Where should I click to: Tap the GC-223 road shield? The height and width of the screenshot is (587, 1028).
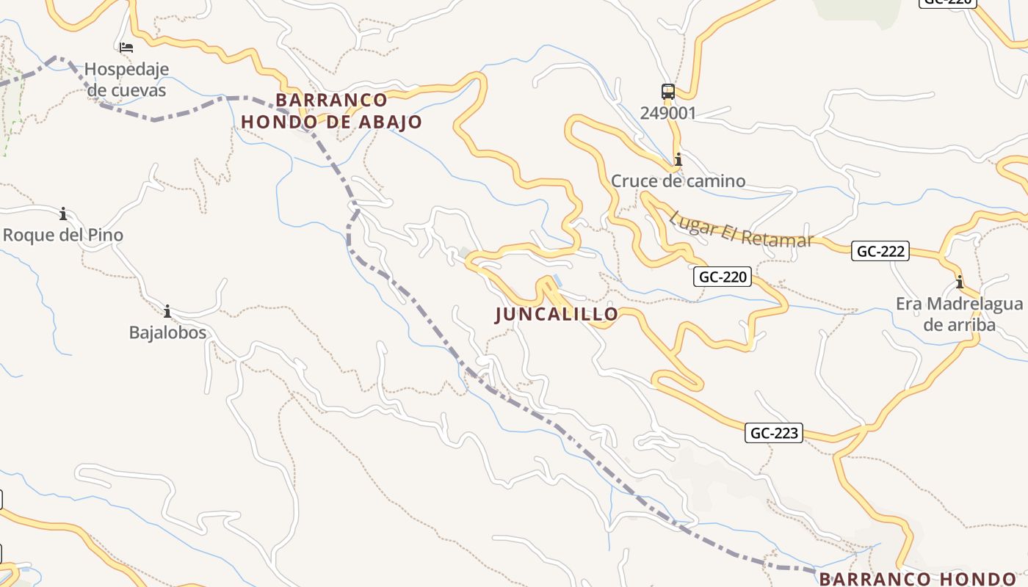775,433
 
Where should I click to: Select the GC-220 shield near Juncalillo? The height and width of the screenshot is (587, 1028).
723,277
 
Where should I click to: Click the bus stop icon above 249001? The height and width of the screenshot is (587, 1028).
667,92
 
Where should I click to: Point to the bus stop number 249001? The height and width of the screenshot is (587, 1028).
667,113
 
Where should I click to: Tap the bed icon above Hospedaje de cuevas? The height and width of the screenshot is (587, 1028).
126,48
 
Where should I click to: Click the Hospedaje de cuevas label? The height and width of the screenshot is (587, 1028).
126,80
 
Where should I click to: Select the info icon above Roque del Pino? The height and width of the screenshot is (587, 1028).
63,214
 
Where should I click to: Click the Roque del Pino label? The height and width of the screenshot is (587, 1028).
63,236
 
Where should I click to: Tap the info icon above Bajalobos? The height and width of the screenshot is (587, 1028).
167,311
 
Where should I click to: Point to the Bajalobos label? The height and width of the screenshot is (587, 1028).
167,332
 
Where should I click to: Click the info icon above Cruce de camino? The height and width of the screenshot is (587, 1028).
678,159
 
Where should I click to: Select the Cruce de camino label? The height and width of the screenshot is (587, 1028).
678,181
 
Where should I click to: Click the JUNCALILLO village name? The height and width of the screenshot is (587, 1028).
557,314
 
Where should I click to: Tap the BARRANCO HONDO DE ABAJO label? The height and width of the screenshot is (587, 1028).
332,111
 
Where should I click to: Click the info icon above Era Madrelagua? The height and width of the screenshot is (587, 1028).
959,282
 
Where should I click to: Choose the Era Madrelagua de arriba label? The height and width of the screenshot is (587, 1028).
959,314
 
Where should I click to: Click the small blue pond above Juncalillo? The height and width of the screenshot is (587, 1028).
558,280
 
